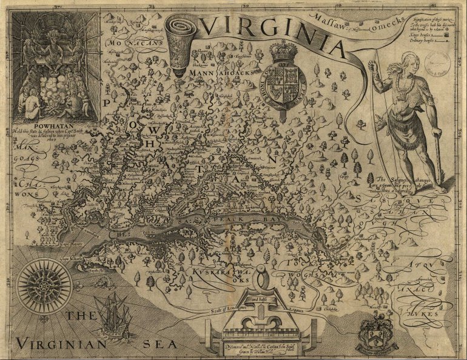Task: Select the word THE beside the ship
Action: [81, 316]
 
